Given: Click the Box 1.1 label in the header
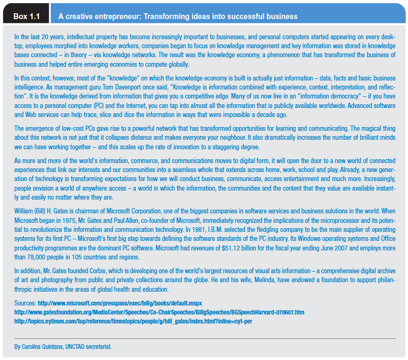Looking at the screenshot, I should click(x=27, y=16).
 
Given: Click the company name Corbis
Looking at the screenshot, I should click(x=93, y=271).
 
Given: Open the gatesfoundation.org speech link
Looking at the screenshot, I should click(x=159, y=312).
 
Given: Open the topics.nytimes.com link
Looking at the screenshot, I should click(x=126, y=321).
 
